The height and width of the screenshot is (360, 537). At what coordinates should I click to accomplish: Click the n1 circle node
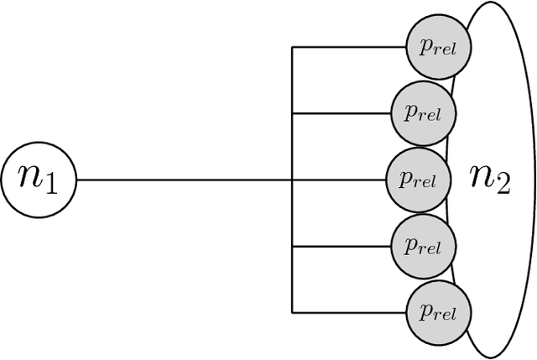click(39, 180)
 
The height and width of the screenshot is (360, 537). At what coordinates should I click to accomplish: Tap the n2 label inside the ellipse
click(490, 180)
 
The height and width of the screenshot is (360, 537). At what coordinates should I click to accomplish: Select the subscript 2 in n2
click(502, 185)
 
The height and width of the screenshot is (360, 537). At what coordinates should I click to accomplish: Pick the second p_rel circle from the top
click(423, 112)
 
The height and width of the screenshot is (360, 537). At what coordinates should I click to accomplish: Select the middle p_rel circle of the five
click(417, 180)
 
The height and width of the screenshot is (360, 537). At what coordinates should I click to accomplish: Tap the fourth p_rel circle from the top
click(423, 247)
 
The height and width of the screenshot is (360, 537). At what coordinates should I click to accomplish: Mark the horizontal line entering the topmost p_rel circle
click(348, 46)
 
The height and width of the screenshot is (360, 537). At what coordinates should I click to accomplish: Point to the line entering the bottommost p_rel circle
click(348, 313)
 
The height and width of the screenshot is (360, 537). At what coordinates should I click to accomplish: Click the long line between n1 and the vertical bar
click(185, 180)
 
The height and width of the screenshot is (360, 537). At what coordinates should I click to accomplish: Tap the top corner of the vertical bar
click(292, 46)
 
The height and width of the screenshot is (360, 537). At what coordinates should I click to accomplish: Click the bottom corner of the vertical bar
click(292, 313)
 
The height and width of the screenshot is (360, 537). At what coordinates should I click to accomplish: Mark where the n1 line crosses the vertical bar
click(292, 180)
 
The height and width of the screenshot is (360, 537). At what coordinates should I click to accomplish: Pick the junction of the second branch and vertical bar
click(292, 112)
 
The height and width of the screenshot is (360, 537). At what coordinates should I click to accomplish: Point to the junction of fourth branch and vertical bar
click(292, 247)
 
